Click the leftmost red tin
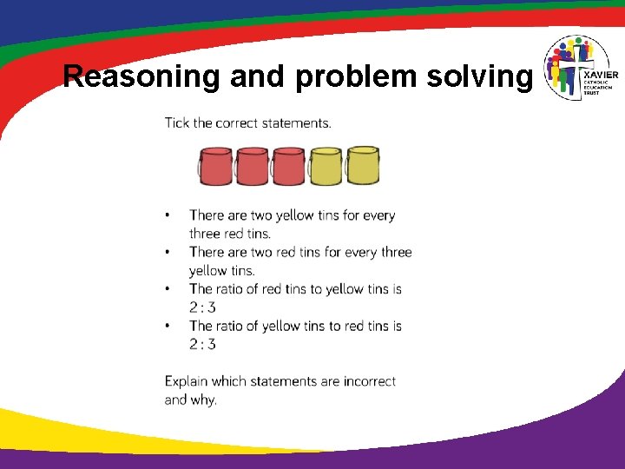[215, 166]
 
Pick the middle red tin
[252, 166]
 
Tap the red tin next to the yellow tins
[288, 166]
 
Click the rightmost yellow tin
[363, 165]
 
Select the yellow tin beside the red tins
[326, 166]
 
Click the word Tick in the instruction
[177, 122]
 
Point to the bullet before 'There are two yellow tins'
[168, 215]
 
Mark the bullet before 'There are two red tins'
[168, 252]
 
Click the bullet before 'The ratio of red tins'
[168, 289]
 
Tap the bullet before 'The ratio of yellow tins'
[168, 326]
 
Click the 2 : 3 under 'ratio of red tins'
[202, 307]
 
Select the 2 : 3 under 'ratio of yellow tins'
[202, 344]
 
